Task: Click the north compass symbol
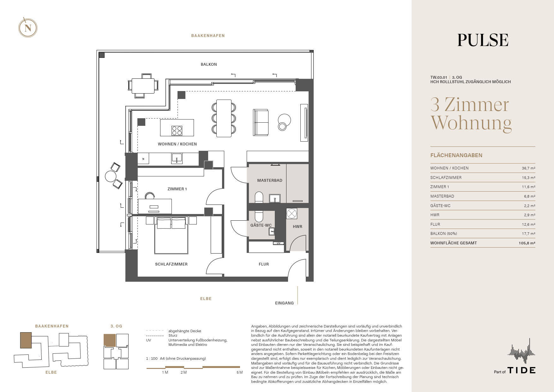[28, 28]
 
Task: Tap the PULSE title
[483, 40]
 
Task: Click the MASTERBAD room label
[270, 181]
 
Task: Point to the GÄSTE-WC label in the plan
[261, 225]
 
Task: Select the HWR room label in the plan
[298, 227]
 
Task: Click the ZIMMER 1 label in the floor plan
[177, 189]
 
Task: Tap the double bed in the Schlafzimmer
[171, 235]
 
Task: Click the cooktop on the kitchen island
[177, 130]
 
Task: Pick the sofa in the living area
[261, 123]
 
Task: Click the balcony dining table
[143, 86]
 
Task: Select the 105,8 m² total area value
[527, 243]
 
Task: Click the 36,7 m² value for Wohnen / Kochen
[528, 168]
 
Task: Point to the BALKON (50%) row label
[443, 234]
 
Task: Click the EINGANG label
[284, 303]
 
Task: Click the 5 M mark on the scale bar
[239, 372]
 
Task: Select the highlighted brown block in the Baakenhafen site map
[26, 340]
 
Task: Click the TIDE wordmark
[521, 370]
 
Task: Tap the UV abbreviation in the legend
[148, 340]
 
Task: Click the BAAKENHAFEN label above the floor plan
[208, 36]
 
